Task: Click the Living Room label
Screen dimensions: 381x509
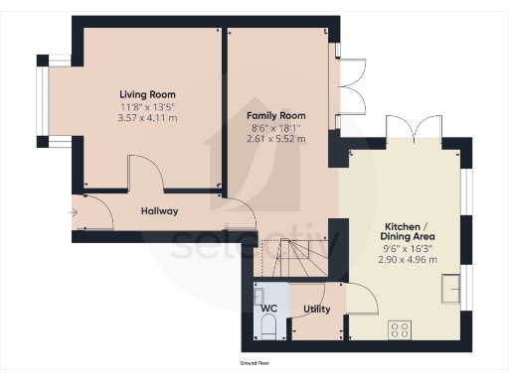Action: pyautogui.click(x=147, y=95)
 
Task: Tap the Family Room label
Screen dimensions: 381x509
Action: pyautogui.click(x=275, y=116)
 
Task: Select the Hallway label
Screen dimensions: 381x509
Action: pyautogui.click(x=158, y=211)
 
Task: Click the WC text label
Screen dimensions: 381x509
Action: pyautogui.click(x=268, y=309)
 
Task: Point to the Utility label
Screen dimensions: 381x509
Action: pyautogui.click(x=317, y=309)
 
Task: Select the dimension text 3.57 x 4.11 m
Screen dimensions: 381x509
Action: pyautogui.click(x=147, y=118)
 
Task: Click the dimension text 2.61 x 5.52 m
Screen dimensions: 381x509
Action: pyautogui.click(x=275, y=139)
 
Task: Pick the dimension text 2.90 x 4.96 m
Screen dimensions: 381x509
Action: pyautogui.click(x=403, y=259)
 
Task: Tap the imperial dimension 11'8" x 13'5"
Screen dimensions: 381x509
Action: pyautogui.click(x=147, y=107)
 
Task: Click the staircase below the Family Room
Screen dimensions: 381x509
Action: pyautogui.click(x=293, y=261)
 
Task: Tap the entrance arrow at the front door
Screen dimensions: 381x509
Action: pyautogui.click(x=74, y=211)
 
